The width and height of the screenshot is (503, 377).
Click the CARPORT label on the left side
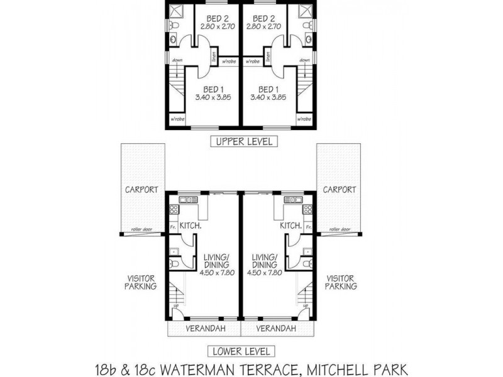point(141,189)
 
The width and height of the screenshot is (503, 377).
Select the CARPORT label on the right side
point(340,189)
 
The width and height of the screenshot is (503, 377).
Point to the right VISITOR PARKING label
point(341,281)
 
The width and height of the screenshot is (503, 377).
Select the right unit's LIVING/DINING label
point(265,261)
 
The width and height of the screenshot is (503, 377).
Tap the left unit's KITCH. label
point(190,225)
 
